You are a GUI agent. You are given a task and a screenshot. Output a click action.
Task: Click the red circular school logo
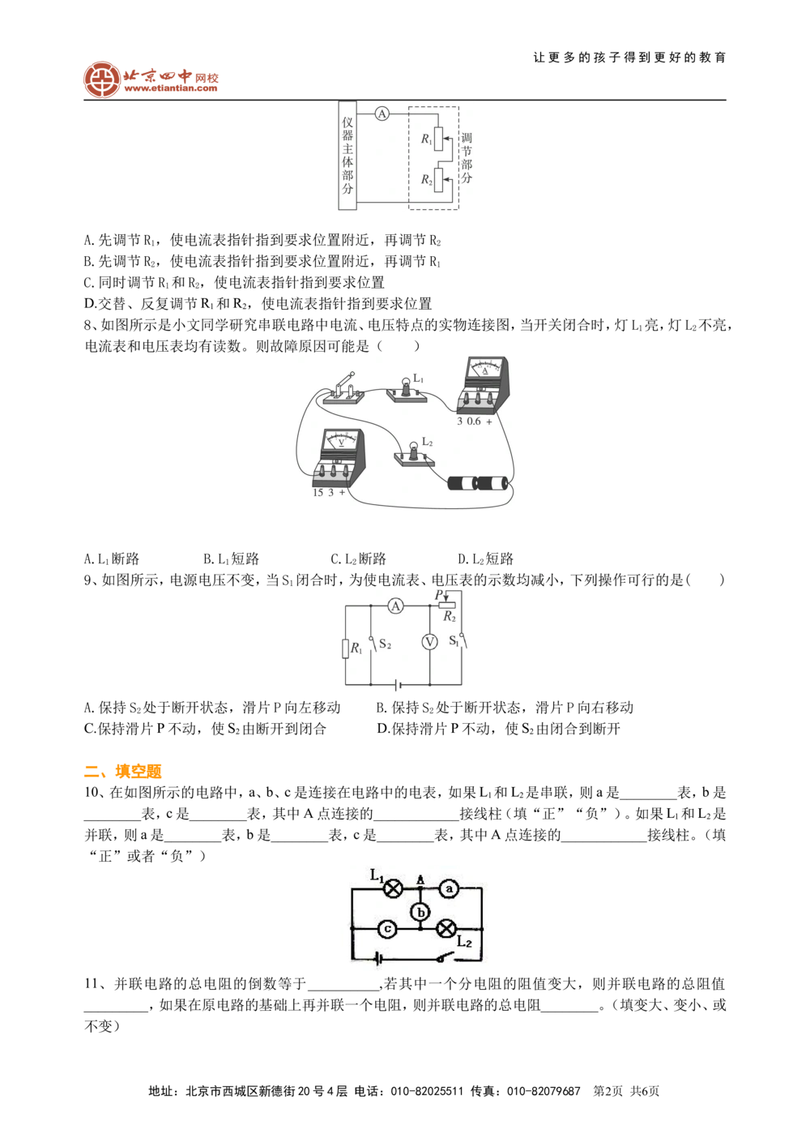click(x=102, y=79)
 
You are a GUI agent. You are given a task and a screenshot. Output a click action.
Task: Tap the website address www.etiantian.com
click(x=170, y=88)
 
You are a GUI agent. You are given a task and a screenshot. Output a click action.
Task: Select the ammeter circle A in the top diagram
click(x=382, y=113)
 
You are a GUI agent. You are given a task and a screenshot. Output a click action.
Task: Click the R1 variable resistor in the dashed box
click(x=438, y=139)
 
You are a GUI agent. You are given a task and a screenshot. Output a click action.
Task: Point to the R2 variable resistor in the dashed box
click(x=438, y=180)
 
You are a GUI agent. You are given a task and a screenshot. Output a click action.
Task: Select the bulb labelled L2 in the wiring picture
click(x=414, y=452)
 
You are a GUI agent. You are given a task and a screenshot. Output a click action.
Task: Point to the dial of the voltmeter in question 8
click(x=341, y=440)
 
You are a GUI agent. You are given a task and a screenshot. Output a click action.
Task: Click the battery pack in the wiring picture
click(x=478, y=483)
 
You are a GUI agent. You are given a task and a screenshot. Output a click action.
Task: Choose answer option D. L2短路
click(x=485, y=559)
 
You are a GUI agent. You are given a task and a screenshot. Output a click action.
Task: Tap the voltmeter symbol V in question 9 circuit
click(x=430, y=642)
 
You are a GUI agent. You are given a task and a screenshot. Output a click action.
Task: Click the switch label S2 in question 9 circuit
click(x=385, y=644)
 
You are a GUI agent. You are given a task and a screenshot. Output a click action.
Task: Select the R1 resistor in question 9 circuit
click(x=346, y=648)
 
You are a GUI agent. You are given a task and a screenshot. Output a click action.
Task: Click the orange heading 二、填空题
click(x=123, y=771)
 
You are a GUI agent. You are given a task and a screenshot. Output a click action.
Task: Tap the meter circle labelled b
click(x=420, y=912)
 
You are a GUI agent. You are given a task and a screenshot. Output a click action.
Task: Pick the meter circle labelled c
click(x=387, y=928)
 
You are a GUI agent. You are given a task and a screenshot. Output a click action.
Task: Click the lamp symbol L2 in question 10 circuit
click(x=446, y=928)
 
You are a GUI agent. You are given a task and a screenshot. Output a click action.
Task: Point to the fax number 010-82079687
click(x=544, y=1091)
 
